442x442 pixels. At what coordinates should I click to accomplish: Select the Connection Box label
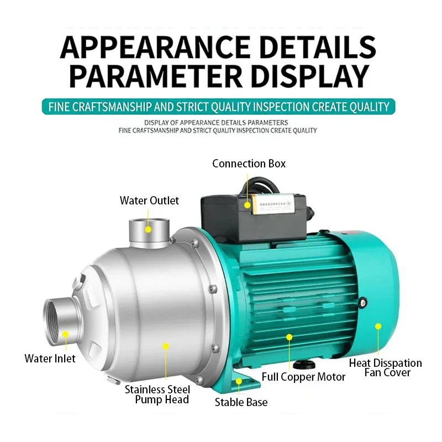tap(249, 164)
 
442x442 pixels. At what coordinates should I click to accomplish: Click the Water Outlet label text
tap(149, 201)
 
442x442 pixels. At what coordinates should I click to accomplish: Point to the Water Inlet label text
tap(50, 359)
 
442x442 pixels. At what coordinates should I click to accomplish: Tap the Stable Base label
tap(241, 402)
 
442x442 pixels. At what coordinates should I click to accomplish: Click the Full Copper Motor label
tap(303, 377)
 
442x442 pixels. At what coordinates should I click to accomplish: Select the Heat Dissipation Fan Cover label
tap(385, 368)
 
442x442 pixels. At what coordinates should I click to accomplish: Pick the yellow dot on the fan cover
tap(378, 326)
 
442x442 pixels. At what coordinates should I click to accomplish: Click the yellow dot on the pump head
tap(165, 346)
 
